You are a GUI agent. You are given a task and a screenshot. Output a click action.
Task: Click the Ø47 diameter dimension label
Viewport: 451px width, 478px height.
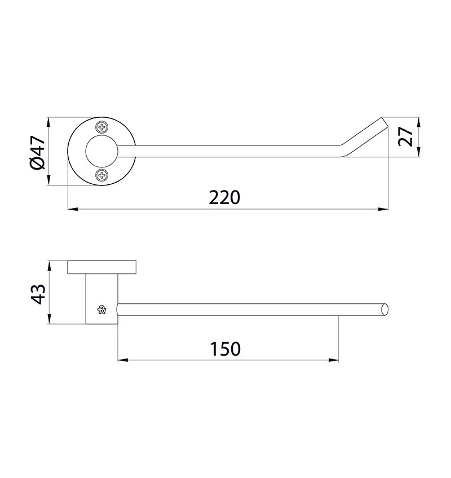point(38,152)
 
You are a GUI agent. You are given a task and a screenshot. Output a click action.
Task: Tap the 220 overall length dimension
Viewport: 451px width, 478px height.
point(224,197)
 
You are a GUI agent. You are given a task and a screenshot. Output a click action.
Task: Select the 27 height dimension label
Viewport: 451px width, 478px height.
point(405,136)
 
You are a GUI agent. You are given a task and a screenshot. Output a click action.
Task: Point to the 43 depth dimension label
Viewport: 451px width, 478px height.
point(38,294)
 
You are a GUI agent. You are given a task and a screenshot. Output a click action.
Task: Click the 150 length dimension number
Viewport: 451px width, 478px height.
point(225,349)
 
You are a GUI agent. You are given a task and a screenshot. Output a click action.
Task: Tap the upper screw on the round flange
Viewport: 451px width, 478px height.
point(102,127)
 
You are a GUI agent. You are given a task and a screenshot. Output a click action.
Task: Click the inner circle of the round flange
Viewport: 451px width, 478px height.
point(101,151)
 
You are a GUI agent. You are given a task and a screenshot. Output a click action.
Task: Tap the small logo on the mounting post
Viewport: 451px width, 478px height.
point(101,309)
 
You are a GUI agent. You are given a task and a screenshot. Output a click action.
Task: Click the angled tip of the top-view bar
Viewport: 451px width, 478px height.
point(384,122)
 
